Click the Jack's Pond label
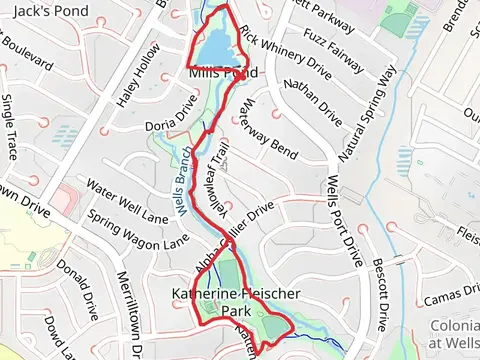pyautogui.click(x=52, y=10)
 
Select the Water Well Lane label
pyautogui.click(x=127, y=200)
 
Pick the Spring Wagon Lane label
pyautogui.click(x=136, y=229)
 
